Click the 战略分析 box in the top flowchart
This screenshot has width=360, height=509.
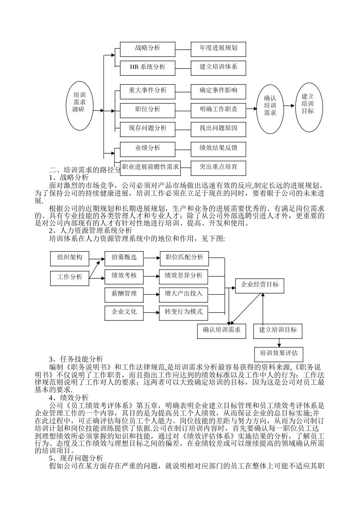pyautogui.click(x=147, y=48)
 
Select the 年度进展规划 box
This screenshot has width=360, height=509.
pyautogui.click(x=218, y=48)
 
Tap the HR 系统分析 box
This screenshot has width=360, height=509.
pyautogui.click(x=147, y=67)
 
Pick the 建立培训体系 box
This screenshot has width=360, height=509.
pyautogui.click(x=218, y=67)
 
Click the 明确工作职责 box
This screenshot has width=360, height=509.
pyautogui.click(x=218, y=109)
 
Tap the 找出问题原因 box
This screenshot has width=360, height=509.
pyautogui.click(x=218, y=128)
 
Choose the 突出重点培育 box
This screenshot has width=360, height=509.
pyautogui.click(x=218, y=167)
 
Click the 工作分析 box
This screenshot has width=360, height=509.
pyautogui.click(x=69, y=277)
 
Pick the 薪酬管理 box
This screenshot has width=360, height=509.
pyautogui.click(x=124, y=294)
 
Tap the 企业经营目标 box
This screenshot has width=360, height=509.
pyautogui.click(x=260, y=285)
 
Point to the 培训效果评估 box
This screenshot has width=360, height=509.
pyautogui.click(x=279, y=353)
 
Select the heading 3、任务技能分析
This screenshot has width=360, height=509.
pyautogui.click(x=76, y=359)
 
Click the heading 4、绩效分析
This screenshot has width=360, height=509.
pyautogui.click(x=69, y=397)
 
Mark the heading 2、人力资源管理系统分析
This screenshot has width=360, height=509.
pyautogui.click(x=91, y=230)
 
